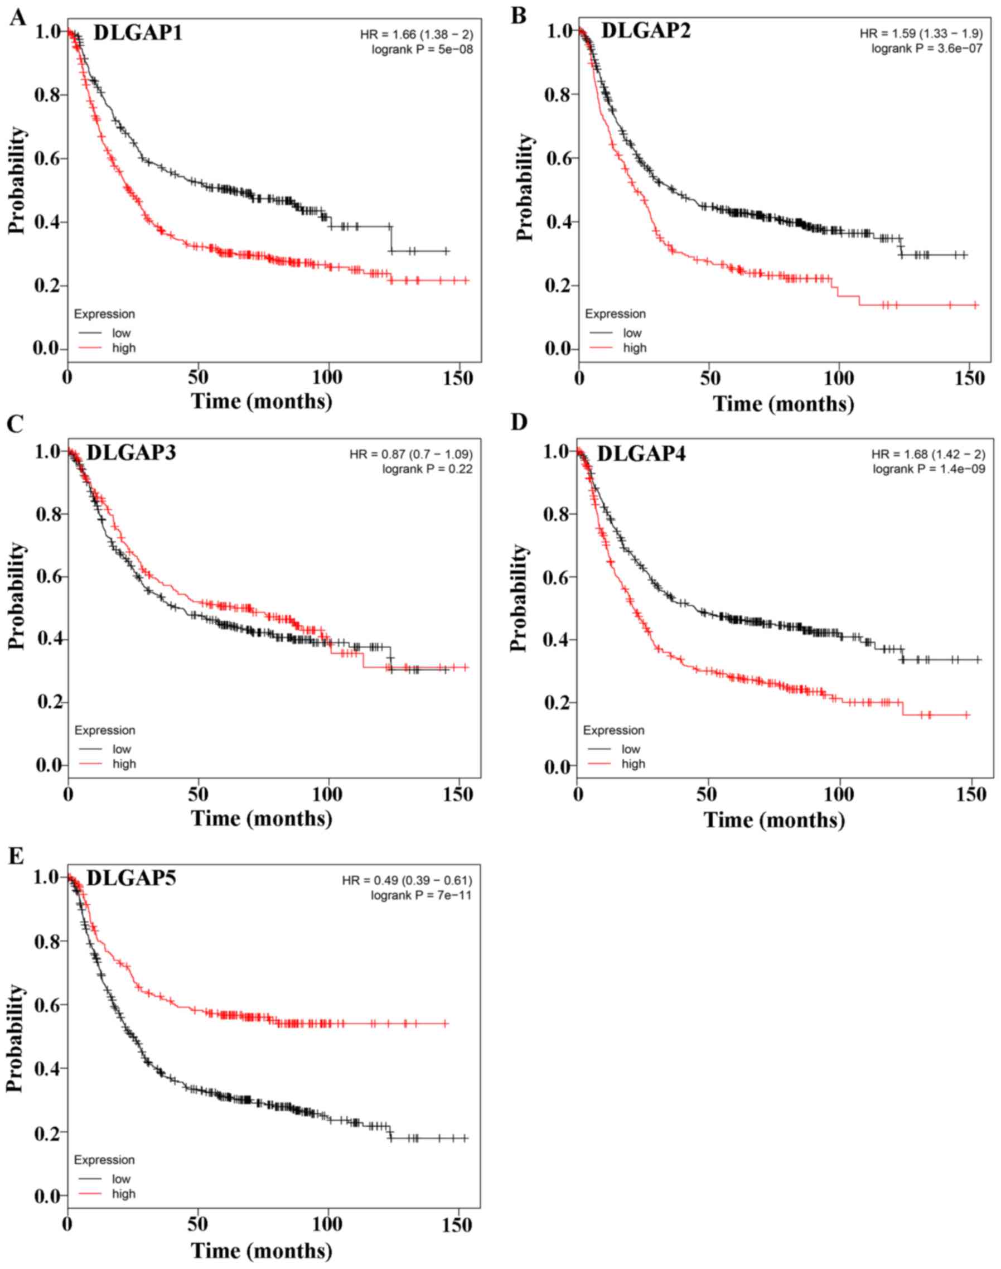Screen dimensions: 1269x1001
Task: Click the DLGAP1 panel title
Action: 138,33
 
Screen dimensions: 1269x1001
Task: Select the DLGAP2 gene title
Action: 645,30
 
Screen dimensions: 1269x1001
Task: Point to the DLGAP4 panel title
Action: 641,453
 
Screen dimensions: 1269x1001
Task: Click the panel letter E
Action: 16,856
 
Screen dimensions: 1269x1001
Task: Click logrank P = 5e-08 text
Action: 422,50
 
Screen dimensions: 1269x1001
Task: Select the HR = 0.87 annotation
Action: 411,454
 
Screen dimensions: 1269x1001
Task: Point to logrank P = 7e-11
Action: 421,895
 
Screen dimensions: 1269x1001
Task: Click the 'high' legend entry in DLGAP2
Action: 634,348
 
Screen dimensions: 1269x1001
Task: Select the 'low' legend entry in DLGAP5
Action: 122,1179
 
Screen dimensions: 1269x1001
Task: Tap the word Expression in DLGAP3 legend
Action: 105,730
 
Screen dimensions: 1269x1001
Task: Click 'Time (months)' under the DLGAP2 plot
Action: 783,404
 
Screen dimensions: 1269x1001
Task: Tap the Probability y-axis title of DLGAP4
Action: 519,598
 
